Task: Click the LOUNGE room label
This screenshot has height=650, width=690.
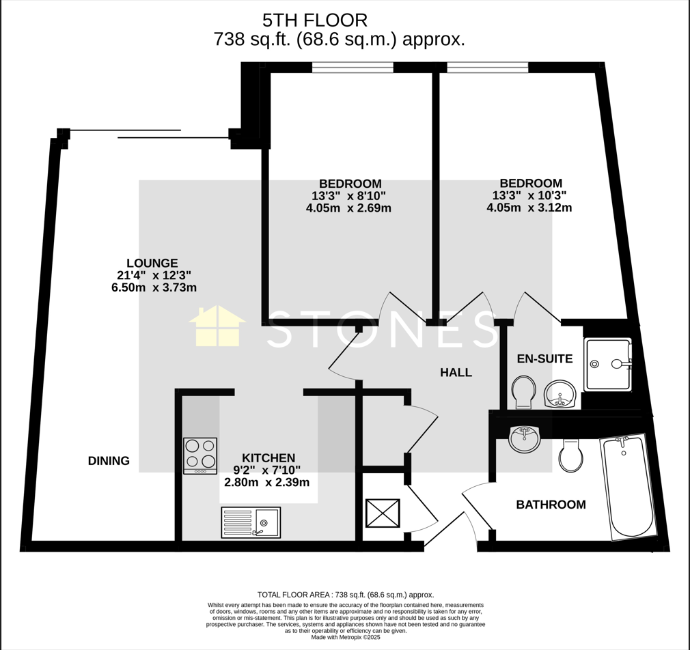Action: [x=152, y=263]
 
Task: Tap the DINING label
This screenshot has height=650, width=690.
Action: [x=109, y=461]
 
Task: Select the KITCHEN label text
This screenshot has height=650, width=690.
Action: [x=268, y=457]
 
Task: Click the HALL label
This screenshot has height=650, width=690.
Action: [x=456, y=372]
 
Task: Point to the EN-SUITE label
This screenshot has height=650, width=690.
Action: [x=544, y=358]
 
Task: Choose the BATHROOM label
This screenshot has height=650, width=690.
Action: [x=551, y=505]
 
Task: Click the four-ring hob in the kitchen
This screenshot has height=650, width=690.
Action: [x=200, y=455]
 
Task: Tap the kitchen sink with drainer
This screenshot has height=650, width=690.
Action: [x=251, y=522]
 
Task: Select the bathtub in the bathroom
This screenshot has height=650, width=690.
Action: [x=628, y=487]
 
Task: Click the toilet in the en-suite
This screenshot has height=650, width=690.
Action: [x=525, y=392]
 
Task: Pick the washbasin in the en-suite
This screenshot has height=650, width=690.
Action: [x=560, y=394]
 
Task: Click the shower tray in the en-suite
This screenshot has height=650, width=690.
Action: [x=607, y=365]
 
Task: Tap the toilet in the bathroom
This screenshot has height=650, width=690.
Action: [x=570, y=455]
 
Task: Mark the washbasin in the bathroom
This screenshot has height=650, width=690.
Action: [x=525, y=438]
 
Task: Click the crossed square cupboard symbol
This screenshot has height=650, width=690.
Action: [x=383, y=513]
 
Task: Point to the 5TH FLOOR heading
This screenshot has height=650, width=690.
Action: [x=315, y=20]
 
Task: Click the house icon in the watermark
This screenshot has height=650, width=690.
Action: [x=217, y=326]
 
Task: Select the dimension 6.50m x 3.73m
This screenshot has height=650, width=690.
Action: [x=154, y=287]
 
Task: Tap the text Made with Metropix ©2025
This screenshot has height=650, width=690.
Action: [x=346, y=637]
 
